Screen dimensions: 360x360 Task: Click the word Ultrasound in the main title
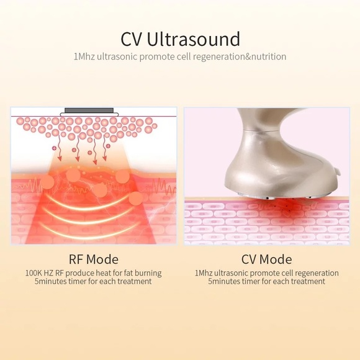click(x=194, y=39)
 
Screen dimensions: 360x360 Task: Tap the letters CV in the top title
click(x=132, y=39)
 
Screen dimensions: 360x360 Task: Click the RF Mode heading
click(x=93, y=259)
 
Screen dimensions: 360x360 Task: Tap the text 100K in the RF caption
click(x=36, y=273)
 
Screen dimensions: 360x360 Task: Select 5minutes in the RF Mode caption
click(x=52, y=282)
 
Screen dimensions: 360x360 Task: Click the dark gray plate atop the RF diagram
click(x=89, y=110)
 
